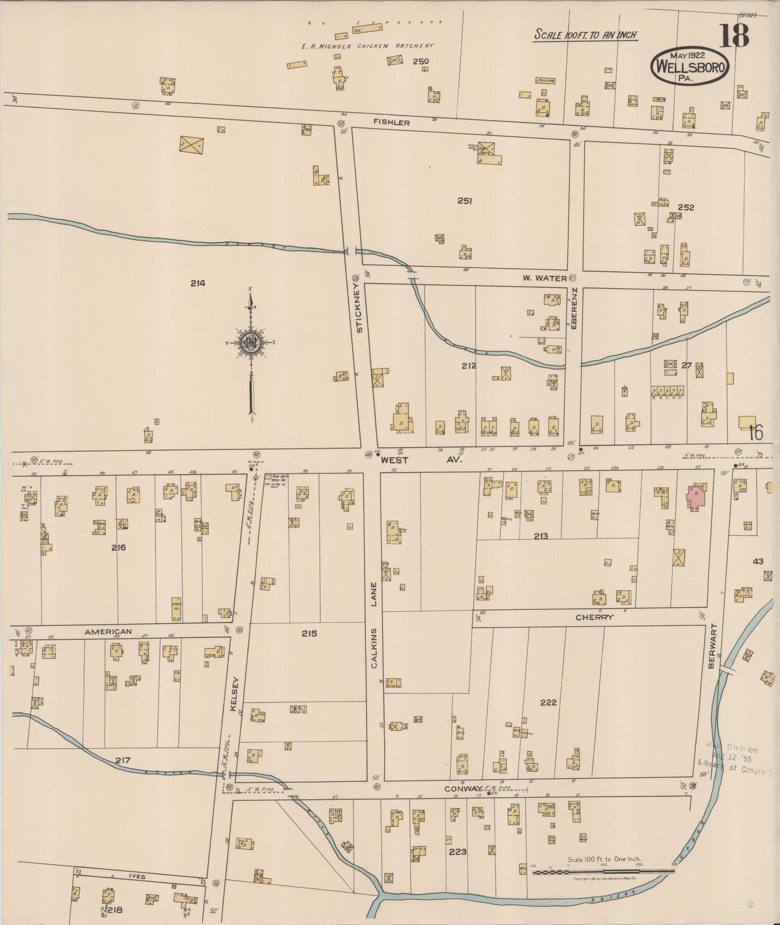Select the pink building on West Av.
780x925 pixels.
point(696,496)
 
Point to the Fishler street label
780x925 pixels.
point(391,123)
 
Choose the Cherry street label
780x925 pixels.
point(594,617)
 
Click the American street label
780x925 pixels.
point(108,631)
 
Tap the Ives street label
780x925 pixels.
point(137,877)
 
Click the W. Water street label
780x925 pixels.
point(544,278)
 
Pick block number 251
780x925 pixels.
point(464,201)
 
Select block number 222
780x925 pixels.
point(548,702)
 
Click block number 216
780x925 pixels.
point(118,547)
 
